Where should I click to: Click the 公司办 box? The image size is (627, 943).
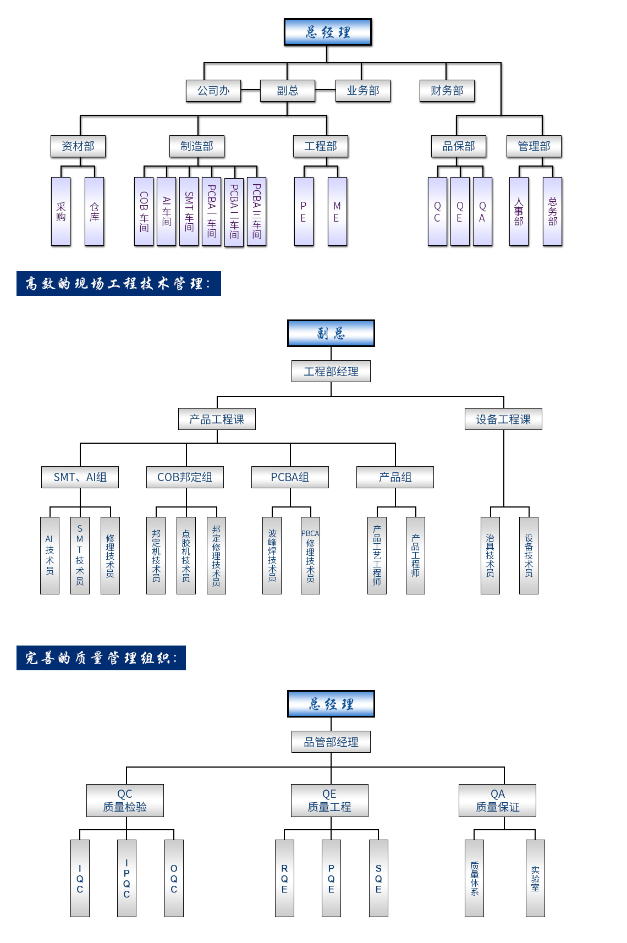click(213, 91)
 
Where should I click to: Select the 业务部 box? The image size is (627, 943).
click(363, 91)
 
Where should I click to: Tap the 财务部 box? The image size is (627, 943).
click(447, 91)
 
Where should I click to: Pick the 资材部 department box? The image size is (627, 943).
click(78, 146)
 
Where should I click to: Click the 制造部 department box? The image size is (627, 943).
click(197, 146)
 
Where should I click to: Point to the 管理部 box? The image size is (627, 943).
click(533, 146)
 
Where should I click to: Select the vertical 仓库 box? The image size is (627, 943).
click(95, 212)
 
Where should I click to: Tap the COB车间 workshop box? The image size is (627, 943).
click(144, 212)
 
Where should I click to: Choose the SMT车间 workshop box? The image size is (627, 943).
click(189, 212)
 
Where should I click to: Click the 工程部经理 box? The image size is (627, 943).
click(331, 371)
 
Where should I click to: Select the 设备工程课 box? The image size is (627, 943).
click(503, 419)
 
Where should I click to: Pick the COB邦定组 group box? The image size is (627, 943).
click(185, 477)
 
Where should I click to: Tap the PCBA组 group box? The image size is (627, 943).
click(290, 477)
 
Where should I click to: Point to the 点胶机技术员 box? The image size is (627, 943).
click(186, 555)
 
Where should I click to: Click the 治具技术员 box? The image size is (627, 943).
click(490, 555)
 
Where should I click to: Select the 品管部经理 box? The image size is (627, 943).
click(331, 742)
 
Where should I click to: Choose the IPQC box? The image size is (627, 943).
click(127, 878)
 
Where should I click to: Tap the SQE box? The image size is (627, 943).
click(378, 878)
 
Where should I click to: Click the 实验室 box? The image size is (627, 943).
click(535, 878)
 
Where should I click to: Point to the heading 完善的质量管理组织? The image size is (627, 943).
click(101, 658)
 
